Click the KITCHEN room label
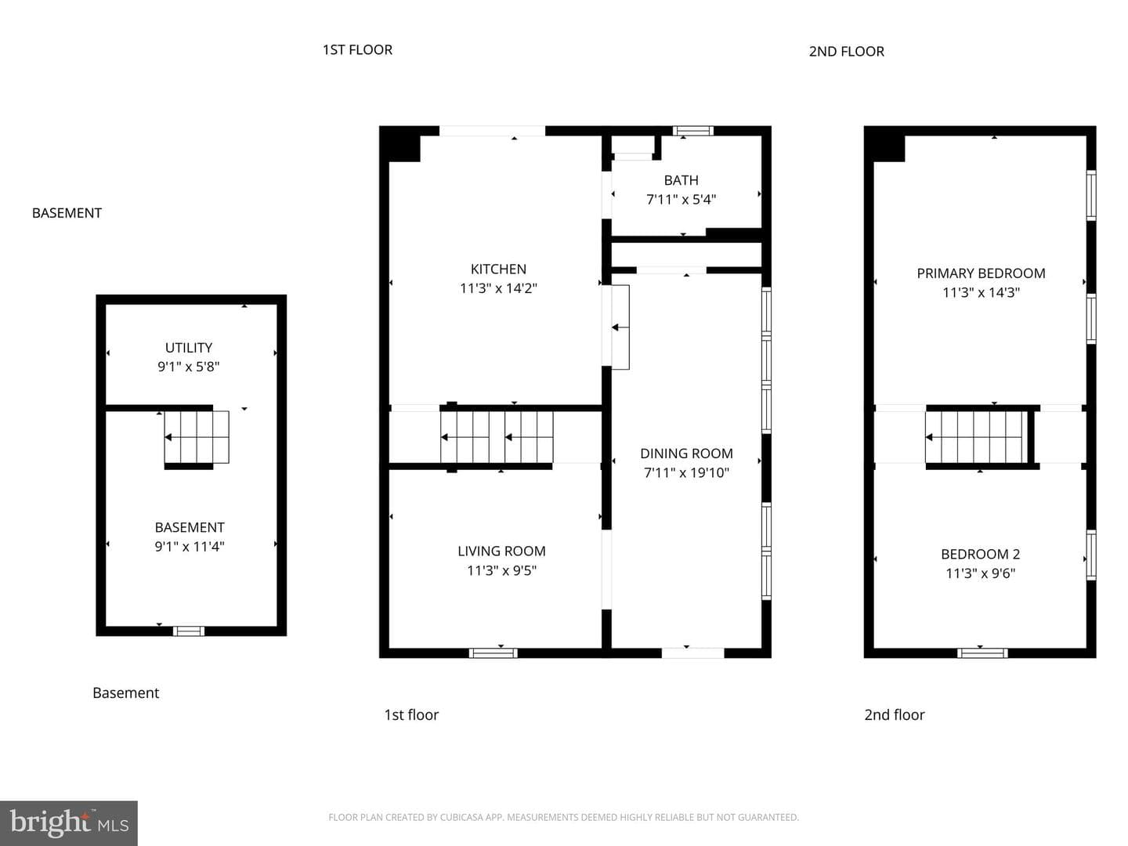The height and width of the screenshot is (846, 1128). click(x=498, y=269)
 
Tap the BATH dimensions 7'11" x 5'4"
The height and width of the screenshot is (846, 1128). click(x=681, y=199)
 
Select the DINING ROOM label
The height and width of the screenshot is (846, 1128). click(x=686, y=454)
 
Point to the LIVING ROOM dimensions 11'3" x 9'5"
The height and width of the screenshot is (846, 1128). click(x=501, y=570)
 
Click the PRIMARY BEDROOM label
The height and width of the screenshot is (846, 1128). click(x=981, y=273)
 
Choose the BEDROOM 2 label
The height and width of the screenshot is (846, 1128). click(x=981, y=555)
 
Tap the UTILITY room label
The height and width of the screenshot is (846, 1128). click(x=189, y=348)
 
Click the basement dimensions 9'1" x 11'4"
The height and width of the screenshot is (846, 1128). click(x=190, y=547)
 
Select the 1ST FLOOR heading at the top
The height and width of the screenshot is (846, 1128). click(x=357, y=50)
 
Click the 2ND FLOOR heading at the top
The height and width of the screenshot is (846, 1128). click(x=846, y=52)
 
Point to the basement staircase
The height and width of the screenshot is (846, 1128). click(x=197, y=437)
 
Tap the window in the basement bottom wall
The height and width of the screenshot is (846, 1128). click(x=189, y=631)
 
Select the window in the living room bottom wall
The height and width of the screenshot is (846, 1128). click(x=493, y=653)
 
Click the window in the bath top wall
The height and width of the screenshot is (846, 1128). click(x=693, y=131)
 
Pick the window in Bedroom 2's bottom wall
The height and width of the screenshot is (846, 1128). click(x=982, y=653)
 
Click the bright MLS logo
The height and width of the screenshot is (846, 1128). click(x=69, y=822)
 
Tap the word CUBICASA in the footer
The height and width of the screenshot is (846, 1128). click(x=458, y=817)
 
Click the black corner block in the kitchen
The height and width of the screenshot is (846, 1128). click(x=399, y=144)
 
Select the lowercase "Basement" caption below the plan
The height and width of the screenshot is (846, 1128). click(x=126, y=693)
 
